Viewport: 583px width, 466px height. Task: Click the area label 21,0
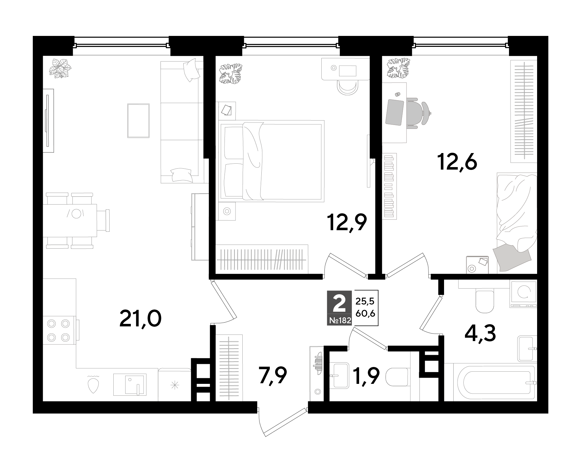tap(141, 319)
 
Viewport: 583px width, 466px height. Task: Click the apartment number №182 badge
tap(339, 320)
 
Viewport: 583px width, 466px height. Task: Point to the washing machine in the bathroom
tap(523, 294)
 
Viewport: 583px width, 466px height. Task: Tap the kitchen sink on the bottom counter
tap(130, 384)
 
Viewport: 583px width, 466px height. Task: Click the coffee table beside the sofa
tap(138, 121)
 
